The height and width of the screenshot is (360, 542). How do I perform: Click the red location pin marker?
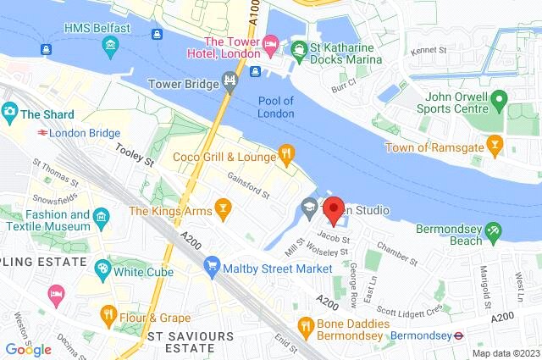[x=334, y=210]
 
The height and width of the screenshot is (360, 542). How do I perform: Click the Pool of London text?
[x=275, y=108]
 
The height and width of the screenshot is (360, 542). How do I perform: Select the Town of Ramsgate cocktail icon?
[x=496, y=148]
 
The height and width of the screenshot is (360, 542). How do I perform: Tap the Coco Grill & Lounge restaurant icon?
[x=286, y=155]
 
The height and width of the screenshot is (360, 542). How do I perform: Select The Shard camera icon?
[x=10, y=111]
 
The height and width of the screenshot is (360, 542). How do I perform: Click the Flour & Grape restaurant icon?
[x=108, y=316]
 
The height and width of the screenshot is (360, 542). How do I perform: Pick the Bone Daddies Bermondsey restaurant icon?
[x=306, y=324]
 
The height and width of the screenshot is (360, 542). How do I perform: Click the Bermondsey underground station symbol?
[x=458, y=335]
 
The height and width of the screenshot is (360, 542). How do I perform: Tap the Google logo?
[x=28, y=349]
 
